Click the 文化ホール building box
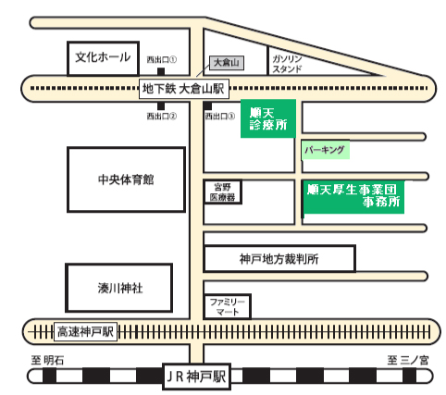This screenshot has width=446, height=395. [x=103, y=58]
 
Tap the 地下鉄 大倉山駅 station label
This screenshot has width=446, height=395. [x=184, y=89]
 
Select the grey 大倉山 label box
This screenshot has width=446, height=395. [x=227, y=63]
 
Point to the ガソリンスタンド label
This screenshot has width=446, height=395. [x=287, y=64]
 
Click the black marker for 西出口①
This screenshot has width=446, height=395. [x=161, y=71]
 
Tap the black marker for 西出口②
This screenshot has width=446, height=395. [x=161, y=106]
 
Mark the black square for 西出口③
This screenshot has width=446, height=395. [x=207, y=106]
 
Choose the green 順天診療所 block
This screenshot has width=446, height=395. [x=268, y=118]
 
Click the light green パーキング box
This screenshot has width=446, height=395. [x=326, y=150]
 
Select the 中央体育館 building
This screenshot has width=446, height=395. [x=126, y=179]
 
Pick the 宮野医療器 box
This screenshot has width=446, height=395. [x=223, y=191]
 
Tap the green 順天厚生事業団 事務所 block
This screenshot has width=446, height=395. [x=353, y=197]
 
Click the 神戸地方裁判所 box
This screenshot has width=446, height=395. [x=279, y=259]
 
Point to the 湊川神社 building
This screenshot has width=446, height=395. [x=119, y=288]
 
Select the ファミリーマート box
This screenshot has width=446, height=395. [x=228, y=306]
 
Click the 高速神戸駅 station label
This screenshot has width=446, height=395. [x=85, y=332]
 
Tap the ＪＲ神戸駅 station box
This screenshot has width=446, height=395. [x=196, y=376]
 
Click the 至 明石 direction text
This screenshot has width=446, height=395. [x=48, y=360]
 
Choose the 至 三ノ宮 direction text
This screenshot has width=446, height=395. [x=408, y=360]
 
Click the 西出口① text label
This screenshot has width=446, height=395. [x=161, y=59]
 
